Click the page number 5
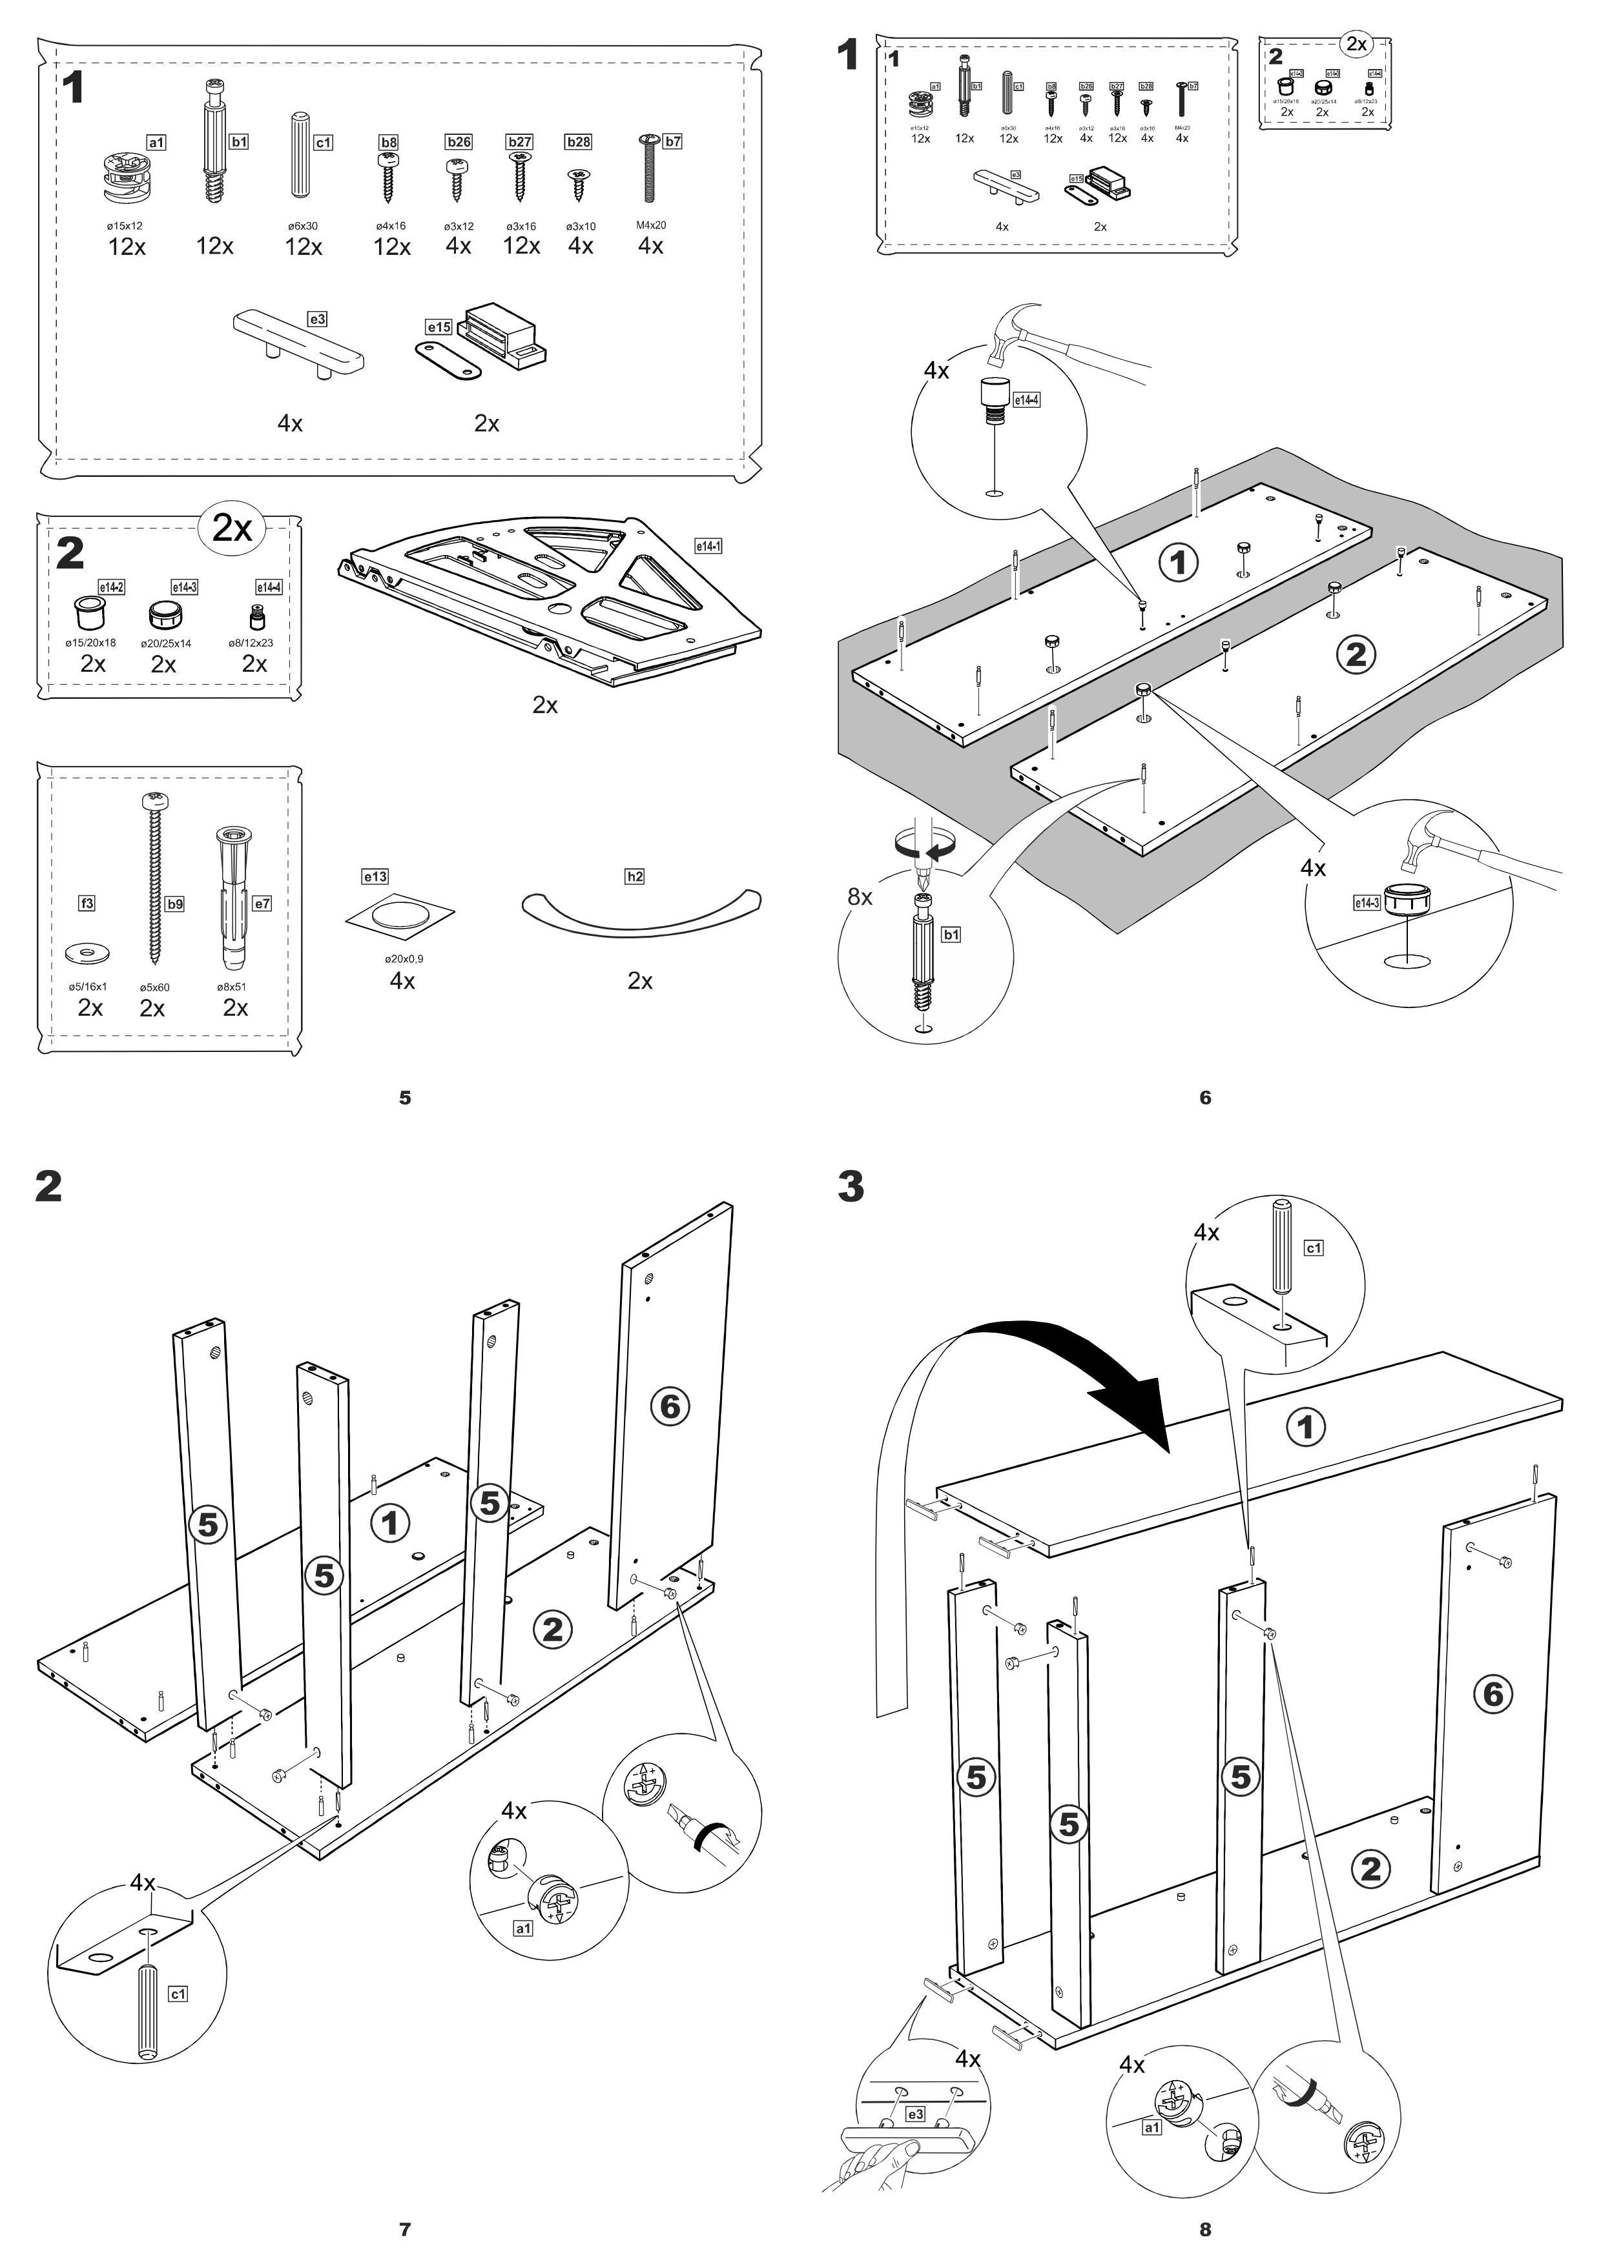(x=404, y=1098)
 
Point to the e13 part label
(x=375, y=876)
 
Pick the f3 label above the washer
(x=87, y=904)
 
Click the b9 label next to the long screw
(x=174, y=904)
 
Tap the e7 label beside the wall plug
(x=262, y=904)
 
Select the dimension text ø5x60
(x=154, y=987)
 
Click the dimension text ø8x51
(x=232, y=987)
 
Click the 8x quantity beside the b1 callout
(x=860, y=896)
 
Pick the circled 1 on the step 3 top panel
(x=1307, y=1427)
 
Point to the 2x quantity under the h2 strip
(x=640, y=981)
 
